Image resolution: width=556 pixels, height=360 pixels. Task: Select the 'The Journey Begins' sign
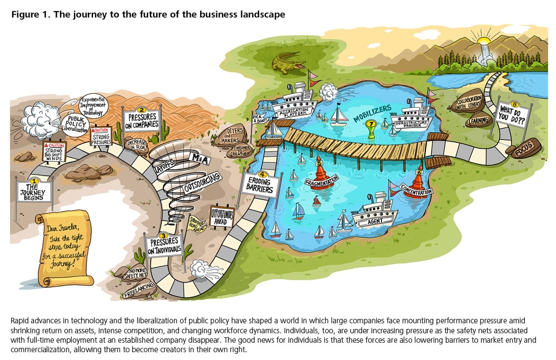point(34,191)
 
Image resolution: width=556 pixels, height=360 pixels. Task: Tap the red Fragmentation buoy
point(320,175)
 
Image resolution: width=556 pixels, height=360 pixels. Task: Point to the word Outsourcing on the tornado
point(202,183)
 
